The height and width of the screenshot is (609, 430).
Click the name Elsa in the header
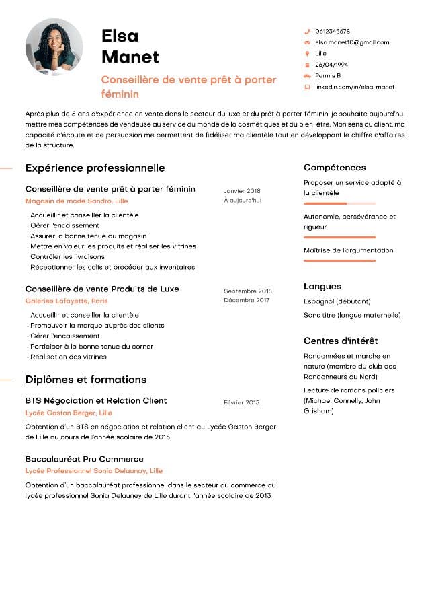[120, 36]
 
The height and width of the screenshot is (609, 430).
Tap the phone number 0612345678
[333, 32]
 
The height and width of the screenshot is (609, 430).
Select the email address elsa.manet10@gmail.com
[352, 42]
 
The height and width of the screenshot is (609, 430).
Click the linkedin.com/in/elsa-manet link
[355, 87]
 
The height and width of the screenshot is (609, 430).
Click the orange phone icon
[307, 32]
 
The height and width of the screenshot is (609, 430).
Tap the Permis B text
[328, 75]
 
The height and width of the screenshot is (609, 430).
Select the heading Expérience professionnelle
[95, 168]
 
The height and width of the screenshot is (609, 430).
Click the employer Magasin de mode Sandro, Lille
[76, 201]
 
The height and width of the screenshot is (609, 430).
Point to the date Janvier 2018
[242, 191]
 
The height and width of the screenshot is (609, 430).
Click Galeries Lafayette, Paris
[67, 301]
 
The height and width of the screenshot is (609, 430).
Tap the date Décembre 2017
[247, 300]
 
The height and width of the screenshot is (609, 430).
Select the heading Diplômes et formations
[85, 380]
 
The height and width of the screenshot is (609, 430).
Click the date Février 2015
[241, 402]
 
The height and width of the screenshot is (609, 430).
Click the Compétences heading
[335, 168]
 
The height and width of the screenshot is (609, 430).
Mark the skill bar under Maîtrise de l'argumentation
[339, 260]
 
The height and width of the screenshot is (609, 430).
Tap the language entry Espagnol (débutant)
[337, 301]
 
